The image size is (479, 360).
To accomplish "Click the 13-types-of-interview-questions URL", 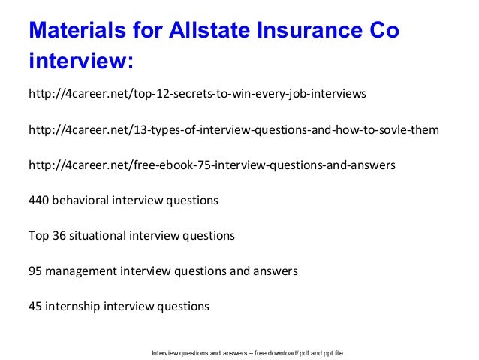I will click(x=233, y=129).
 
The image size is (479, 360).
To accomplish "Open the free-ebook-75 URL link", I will click(x=212, y=165).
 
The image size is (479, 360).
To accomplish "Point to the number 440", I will click(x=39, y=200).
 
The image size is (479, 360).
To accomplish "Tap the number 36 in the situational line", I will click(x=58, y=235).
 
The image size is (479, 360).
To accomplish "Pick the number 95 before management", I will click(x=35, y=271).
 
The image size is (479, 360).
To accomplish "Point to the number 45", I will click(x=35, y=306).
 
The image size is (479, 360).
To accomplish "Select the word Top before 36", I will click(x=38, y=235).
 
